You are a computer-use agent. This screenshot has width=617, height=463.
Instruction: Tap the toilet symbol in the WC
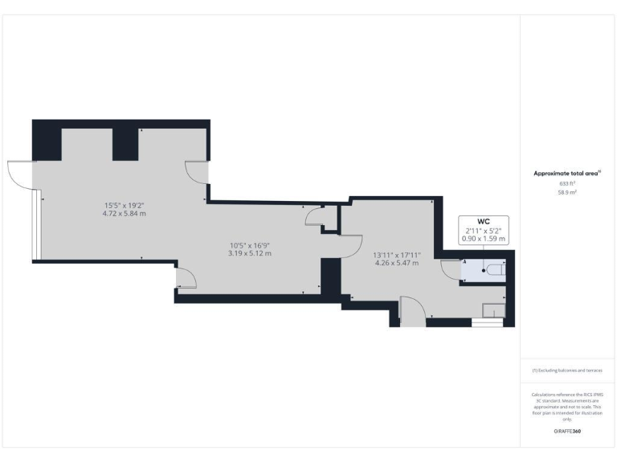coord(493,271)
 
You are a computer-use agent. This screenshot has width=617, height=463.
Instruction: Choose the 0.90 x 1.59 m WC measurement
coord(483,239)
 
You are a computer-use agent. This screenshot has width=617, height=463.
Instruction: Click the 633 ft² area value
coord(568,183)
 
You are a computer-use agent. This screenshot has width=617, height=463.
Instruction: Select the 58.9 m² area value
coord(568,193)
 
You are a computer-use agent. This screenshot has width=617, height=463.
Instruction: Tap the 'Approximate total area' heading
coord(567,173)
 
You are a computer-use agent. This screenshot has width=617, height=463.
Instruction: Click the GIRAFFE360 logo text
coord(568,432)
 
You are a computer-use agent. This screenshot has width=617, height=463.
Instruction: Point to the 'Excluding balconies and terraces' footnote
coord(567,371)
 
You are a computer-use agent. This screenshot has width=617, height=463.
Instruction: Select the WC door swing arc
coord(451,271)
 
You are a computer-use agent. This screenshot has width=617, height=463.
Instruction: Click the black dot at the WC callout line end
coord(483,271)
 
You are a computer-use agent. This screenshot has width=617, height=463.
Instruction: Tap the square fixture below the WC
coord(492,311)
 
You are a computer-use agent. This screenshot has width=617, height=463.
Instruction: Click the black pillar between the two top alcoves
coord(125,143)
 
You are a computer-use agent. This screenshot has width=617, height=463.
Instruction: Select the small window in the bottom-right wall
coord(484,323)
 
